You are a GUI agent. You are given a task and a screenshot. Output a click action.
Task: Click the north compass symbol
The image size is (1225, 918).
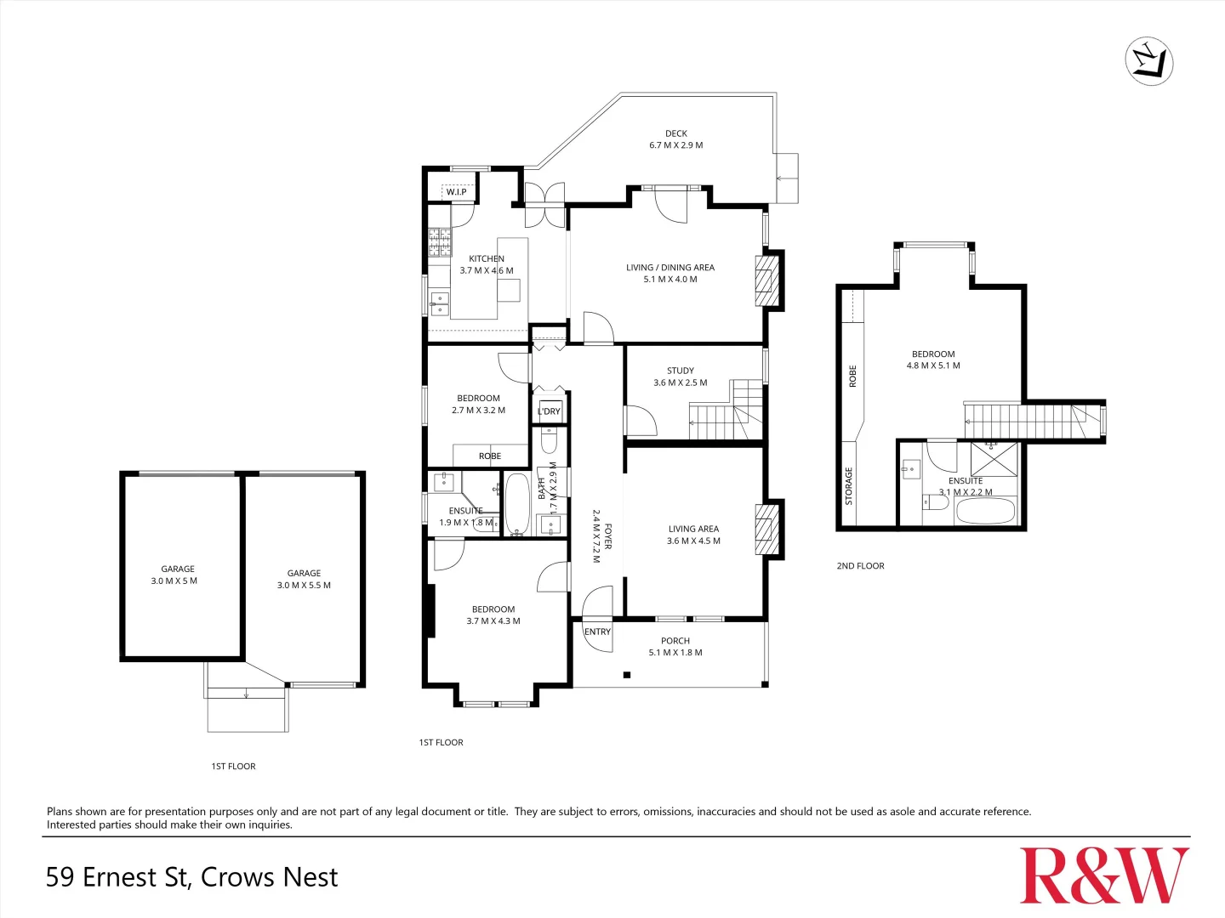click(x=1149, y=61)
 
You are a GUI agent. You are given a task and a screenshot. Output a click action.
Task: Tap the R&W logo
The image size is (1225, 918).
click(x=1104, y=875)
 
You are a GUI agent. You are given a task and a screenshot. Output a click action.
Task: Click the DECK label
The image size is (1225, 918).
click(x=676, y=133)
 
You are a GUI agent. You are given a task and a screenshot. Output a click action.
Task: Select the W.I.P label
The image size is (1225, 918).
click(x=457, y=192)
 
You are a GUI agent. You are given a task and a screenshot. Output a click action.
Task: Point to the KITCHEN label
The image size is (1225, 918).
click(x=487, y=258)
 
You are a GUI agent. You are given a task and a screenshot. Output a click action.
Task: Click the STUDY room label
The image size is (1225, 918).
click(x=681, y=371)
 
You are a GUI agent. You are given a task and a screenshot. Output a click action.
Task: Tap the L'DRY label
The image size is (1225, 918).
click(x=550, y=411)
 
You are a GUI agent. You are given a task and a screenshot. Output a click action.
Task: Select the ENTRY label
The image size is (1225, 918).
click(x=597, y=632)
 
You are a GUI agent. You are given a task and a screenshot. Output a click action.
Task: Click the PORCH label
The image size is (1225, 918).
click(x=675, y=641)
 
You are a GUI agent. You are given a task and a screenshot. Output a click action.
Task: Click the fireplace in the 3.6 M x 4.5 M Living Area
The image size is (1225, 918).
click(x=767, y=530)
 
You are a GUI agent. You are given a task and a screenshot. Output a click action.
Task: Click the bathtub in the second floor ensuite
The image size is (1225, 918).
click(x=985, y=511)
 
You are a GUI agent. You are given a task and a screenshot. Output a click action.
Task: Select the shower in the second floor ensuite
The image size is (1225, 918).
click(x=994, y=459)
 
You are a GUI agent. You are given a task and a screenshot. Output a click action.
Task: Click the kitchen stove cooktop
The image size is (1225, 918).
click(x=439, y=242)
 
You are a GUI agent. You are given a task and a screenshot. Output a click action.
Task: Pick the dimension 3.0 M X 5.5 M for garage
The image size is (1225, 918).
click(x=304, y=585)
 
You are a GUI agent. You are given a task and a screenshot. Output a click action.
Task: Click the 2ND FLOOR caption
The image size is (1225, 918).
click(x=860, y=566)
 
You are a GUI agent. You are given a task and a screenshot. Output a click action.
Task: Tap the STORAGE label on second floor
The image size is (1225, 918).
click(x=848, y=486)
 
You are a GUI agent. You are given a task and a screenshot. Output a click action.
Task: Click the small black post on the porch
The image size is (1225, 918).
click(x=627, y=675)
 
